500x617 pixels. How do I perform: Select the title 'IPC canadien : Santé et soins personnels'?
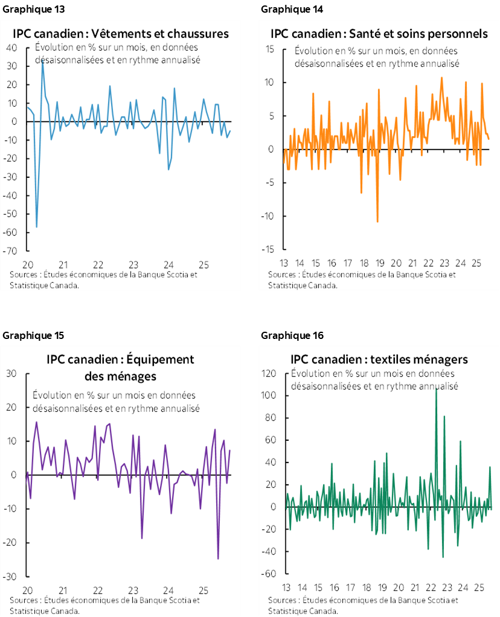point(379,34)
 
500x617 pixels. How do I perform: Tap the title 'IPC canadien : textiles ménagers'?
point(379,359)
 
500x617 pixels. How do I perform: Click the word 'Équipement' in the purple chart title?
point(161,359)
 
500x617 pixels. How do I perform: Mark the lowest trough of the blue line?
point(37,227)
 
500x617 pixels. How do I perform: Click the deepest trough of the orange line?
point(377,222)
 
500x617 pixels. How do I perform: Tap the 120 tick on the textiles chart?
point(268,374)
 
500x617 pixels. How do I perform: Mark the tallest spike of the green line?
point(437,389)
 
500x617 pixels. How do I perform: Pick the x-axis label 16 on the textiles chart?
point(333,587)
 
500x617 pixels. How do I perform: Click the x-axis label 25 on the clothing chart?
point(204,264)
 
